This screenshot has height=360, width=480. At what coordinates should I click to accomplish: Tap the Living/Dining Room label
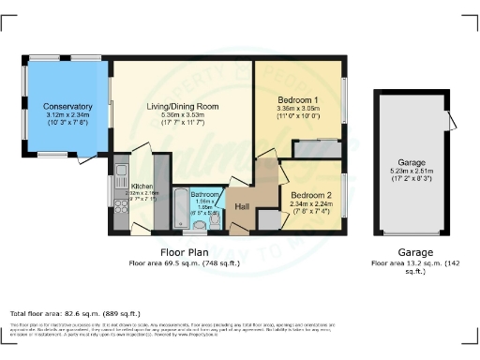182,107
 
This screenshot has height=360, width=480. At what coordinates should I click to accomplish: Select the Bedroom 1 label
299,99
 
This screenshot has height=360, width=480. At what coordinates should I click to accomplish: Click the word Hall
241,206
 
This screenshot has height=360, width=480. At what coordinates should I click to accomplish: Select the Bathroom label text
204,194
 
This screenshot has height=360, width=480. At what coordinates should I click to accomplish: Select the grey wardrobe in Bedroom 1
316,148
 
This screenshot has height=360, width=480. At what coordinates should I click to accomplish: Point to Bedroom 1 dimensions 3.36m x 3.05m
299,109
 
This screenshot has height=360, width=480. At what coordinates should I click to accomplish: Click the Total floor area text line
75,312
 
